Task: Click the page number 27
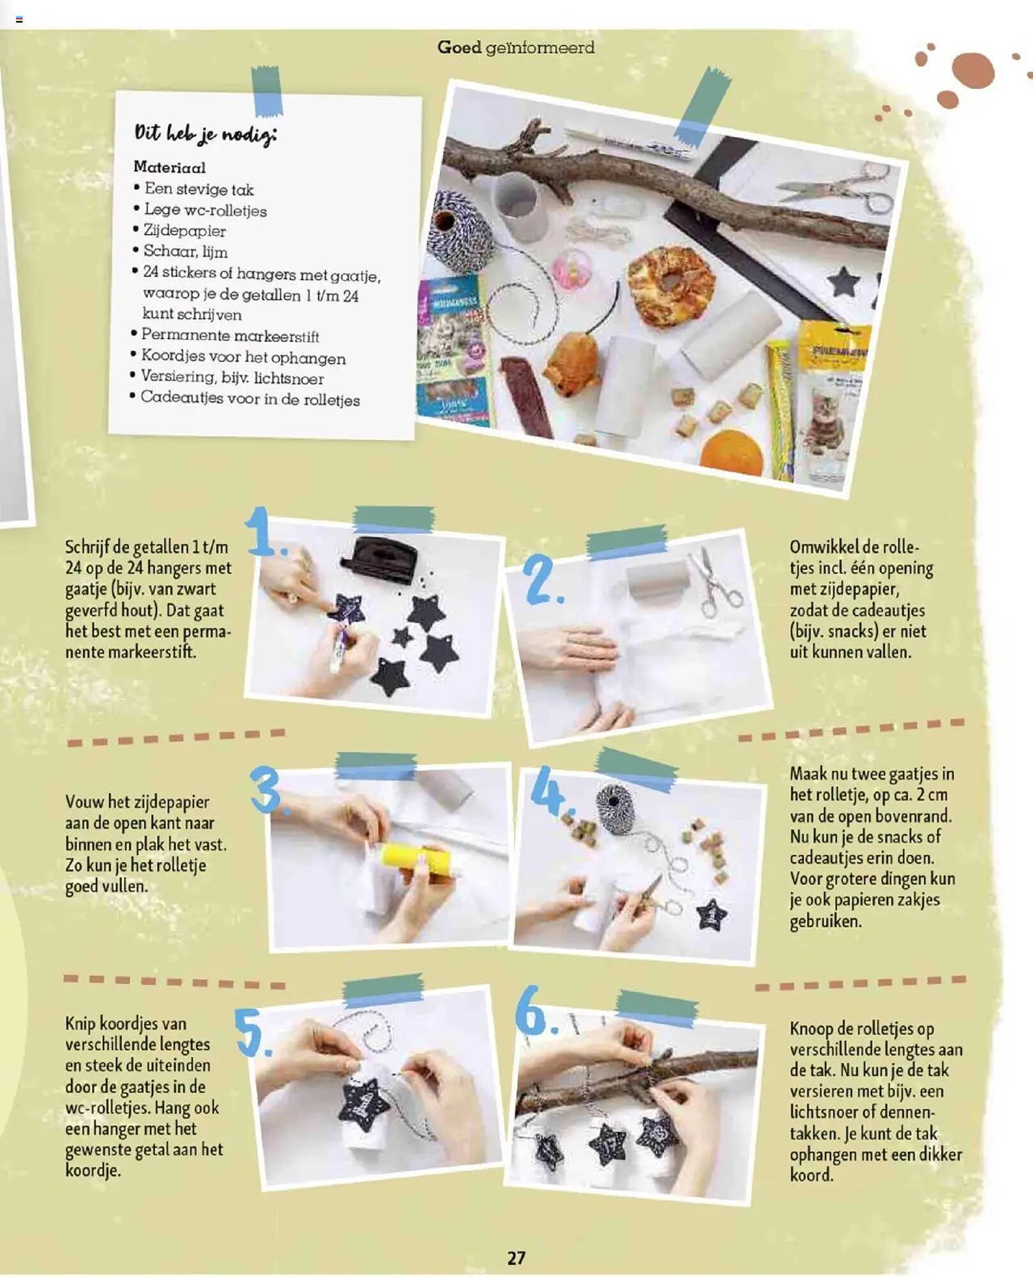pyautogui.click(x=516, y=1257)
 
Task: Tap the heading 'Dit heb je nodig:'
pyautogui.click(x=205, y=133)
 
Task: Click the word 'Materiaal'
pyautogui.click(x=169, y=167)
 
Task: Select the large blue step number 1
pyautogui.click(x=264, y=531)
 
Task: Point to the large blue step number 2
pyautogui.click(x=541, y=580)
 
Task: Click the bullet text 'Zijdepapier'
pyautogui.click(x=185, y=230)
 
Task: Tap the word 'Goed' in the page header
pyautogui.click(x=459, y=47)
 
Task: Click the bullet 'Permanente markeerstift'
pyautogui.click(x=230, y=335)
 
